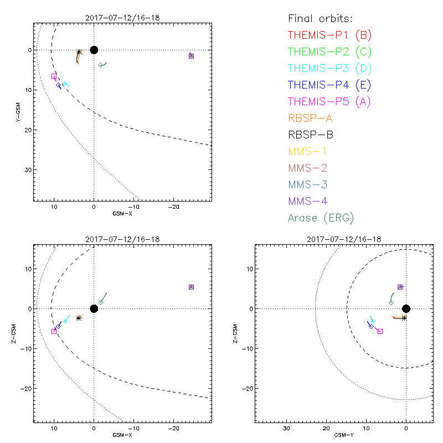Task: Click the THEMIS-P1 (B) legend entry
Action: pos(329,35)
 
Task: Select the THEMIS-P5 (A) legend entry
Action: pos(329,101)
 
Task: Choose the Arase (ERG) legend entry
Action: pos(321,218)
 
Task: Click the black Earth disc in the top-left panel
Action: pos(94,50)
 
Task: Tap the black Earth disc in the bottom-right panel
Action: pos(406,308)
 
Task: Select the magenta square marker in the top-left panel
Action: pos(54,76)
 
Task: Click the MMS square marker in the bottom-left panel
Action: pos(191,287)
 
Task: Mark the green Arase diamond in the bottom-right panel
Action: pos(392,302)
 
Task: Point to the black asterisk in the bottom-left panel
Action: pos(79,318)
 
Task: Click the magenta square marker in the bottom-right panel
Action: pos(380,331)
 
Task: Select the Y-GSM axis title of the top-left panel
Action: pos(17,110)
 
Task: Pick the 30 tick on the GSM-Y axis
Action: pos(287,429)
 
